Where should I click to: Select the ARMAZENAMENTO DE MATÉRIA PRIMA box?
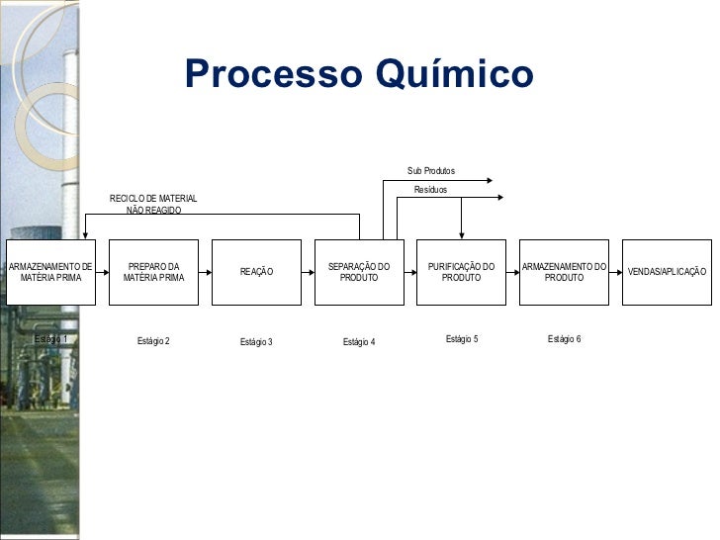51,272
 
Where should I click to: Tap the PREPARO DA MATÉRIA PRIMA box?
153,272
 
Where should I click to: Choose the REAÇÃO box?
256,272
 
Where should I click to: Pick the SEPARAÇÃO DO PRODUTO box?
359,272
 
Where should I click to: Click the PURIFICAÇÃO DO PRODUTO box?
461,272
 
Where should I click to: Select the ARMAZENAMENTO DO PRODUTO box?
564,272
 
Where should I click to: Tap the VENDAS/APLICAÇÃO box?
667,272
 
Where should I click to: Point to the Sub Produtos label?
431,171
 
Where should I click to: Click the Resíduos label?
431,189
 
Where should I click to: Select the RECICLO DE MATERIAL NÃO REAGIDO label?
153,205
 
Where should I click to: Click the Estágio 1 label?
51,339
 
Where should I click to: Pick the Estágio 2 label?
153,341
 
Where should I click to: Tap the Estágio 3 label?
256,342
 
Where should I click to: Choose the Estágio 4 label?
359,342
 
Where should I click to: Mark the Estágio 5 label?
462,339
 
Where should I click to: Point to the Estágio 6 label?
564,339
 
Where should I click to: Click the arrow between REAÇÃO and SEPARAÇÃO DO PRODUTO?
307,272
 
